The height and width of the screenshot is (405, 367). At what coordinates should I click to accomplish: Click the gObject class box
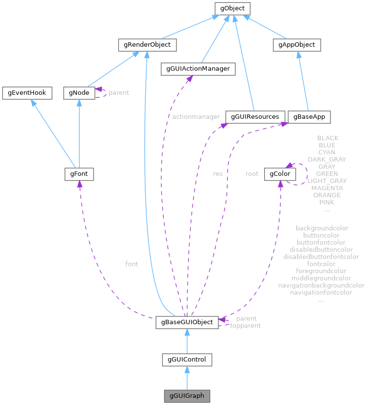coord(232,8)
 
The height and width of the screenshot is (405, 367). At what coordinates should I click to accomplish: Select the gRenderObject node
coord(147,45)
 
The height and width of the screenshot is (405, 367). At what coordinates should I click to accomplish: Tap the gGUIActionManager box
coord(198,69)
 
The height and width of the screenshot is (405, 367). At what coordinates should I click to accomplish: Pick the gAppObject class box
coord(297,45)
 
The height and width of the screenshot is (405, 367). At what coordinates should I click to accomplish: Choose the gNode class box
coord(78,92)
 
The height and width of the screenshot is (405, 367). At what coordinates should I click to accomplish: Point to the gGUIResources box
coord(255,117)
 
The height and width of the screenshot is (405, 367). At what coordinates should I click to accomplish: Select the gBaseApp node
coord(309,117)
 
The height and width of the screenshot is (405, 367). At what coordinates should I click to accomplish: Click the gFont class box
coord(78,173)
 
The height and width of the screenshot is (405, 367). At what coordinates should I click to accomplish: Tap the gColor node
coord(277,173)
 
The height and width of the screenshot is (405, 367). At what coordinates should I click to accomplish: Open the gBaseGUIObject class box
coord(187,322)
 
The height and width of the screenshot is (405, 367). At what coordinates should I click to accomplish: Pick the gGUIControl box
coord(187,360)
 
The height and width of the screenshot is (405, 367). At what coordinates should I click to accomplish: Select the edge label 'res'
coord(218,173)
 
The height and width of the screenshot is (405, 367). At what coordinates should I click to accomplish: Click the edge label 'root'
coord(252,173)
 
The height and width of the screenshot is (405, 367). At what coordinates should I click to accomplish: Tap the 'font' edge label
coord(132,264)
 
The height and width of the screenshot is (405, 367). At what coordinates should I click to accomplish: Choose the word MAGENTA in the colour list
coord(327,188)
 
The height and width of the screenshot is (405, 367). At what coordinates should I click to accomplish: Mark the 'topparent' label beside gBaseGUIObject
coord(245,326)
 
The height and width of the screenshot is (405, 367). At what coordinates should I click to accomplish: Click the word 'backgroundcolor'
coord(322,228)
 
